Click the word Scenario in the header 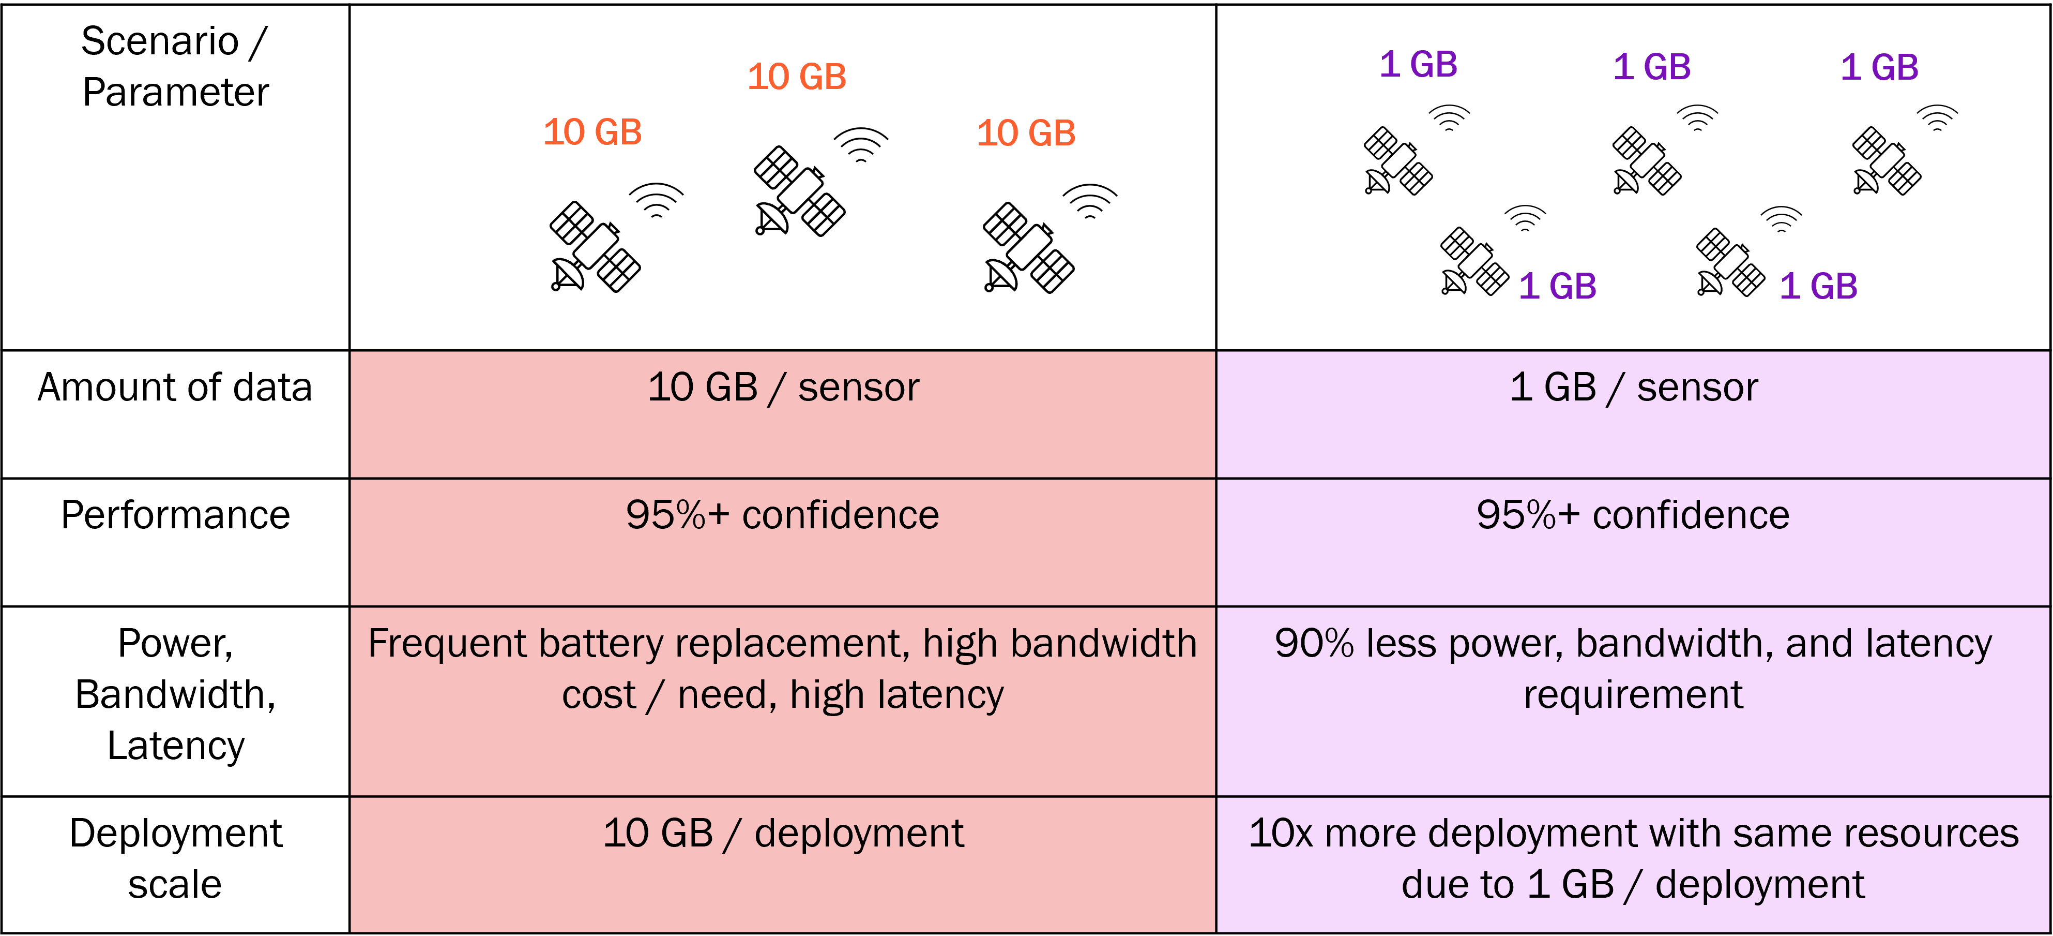click(159, 41)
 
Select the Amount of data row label click(175, 388)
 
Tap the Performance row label click(175, 515)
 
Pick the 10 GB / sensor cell click(783, 388)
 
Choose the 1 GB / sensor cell click(1633, 388)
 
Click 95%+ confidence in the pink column click(783, 515)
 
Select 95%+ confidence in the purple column click(1633, 515)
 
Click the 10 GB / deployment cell click(783, 833)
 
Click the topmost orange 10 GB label click(796, 77)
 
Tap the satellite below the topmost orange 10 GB click(799, 191)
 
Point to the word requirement click(1633, 694)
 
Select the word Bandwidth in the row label click(175, 694)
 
